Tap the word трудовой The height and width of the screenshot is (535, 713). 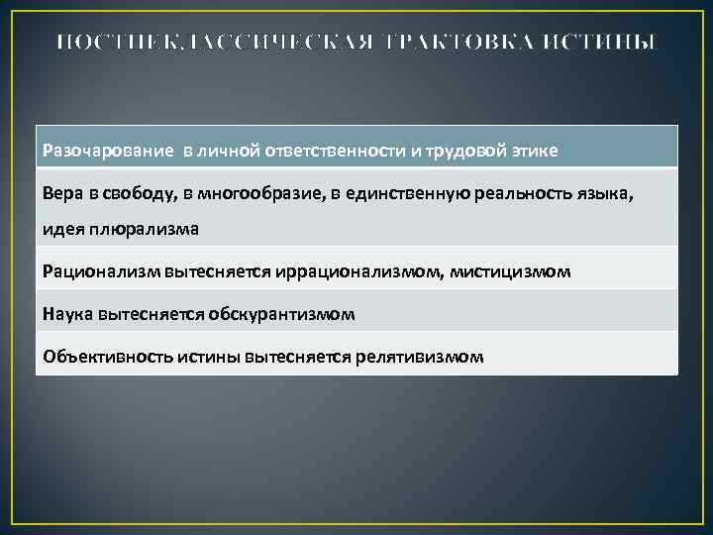pyautogui.click(x=464, y=150)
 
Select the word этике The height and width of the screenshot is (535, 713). pyautogui.click(x=535, y=150)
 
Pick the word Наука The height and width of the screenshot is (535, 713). pyautogui.click(x=67, y=313)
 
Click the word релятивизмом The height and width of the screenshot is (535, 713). pyautogui.click(x=421, y=356)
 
